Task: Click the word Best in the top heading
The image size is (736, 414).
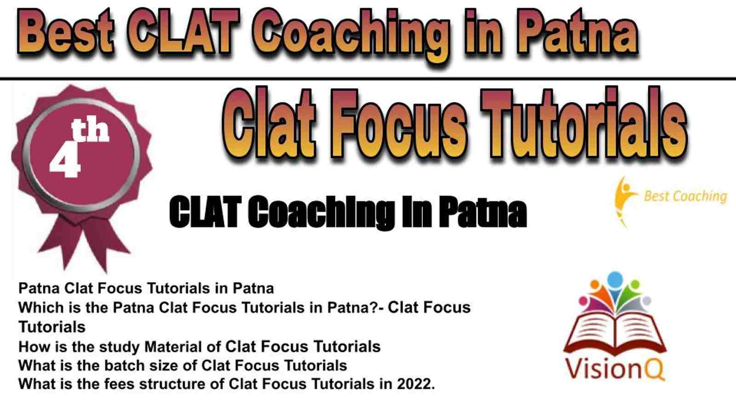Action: (x=65, y=31)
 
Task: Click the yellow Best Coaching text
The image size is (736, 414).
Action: (x=685, y=196)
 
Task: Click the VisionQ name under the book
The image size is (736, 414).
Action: (x=615, y=369)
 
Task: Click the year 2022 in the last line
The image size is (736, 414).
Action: (x=416, y=384)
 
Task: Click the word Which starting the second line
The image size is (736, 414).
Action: (x=39, y=308)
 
